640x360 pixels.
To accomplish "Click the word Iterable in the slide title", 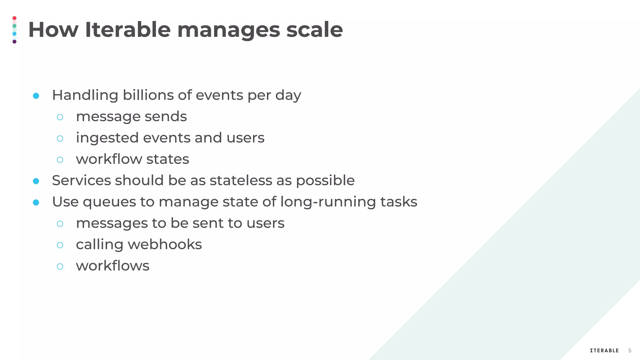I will click(x=127, y=30).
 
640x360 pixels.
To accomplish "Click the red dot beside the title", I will click(x=14, y=18).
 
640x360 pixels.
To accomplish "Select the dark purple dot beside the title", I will click(x=14, y=42).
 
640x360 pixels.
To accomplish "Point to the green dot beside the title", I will click(x=14, y=26).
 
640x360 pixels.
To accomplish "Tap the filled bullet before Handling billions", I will click(x=36, y=96).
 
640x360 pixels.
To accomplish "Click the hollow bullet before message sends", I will click(x=60, y=117).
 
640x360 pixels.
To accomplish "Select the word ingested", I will click(x=107, y=138).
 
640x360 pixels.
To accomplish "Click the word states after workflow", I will click(x=167, y=159).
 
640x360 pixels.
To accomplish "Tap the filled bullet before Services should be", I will click(x=36, y=181).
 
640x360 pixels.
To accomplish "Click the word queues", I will click(x=109, y=202).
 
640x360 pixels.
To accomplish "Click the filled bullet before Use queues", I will click(x=36, y=202).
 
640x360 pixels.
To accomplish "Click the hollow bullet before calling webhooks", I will click(x=60, y=245).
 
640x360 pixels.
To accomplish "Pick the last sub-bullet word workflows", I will click(x=112, y=266).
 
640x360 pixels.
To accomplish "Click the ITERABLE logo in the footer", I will click(x=604, y=351).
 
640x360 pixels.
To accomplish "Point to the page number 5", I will click(x=630, y=351).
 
